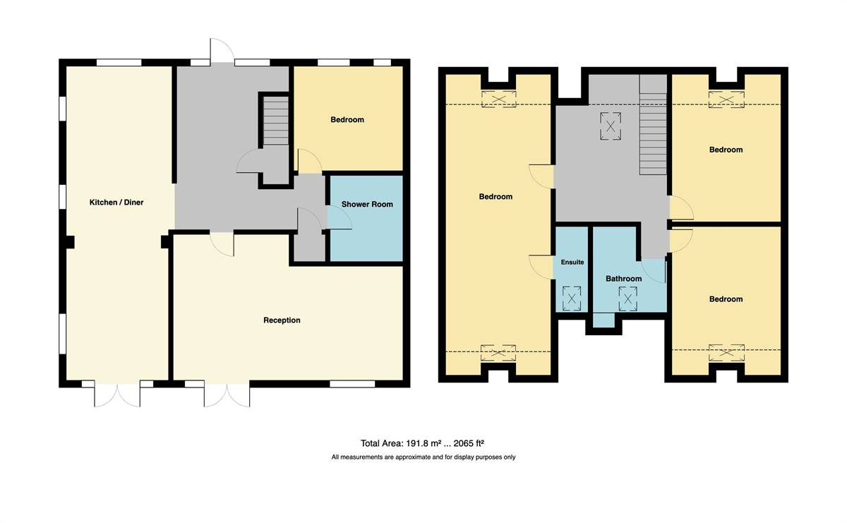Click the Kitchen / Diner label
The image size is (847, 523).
(116, 203)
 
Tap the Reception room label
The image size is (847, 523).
(282, 320)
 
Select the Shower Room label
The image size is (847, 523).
(367, 204)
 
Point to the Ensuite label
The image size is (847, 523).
(572, 262)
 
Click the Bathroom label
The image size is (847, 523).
(623, 279)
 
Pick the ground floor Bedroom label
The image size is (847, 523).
(347, 120)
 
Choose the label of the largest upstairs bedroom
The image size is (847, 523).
(495, 197)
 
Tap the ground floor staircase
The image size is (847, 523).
(276, 121)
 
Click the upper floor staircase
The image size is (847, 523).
(653, 125)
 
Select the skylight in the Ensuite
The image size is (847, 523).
(572, 299)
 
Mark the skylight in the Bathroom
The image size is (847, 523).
(628, 299)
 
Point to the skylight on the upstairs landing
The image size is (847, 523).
(611, 126)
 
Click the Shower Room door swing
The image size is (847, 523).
(340, 218)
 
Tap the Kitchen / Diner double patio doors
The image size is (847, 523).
(117, 395)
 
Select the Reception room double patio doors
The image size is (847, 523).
(227, 395)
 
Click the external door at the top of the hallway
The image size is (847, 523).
(222, 49)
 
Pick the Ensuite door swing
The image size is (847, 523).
(541, 267)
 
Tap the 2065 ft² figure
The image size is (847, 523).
(469, 443)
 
